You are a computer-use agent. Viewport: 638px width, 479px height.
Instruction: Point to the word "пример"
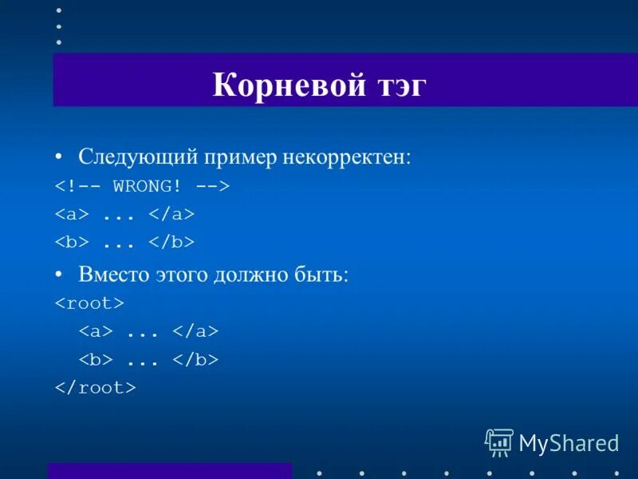(x=238, y=156)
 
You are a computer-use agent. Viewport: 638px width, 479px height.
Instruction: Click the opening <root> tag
(x=89, y=303)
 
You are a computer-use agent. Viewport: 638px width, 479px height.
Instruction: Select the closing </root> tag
(x=95, y=388)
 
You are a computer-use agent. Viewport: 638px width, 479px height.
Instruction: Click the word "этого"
(x=180, y=274)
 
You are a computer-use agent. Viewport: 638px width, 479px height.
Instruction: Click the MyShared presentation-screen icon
(x=499, y=442)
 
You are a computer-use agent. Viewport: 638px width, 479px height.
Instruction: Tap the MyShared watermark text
(x=569, y=443)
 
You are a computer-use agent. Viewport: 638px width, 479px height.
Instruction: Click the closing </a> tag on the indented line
(x=195, y=331)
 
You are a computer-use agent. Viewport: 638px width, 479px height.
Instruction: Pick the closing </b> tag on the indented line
(x=195, y=360)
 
